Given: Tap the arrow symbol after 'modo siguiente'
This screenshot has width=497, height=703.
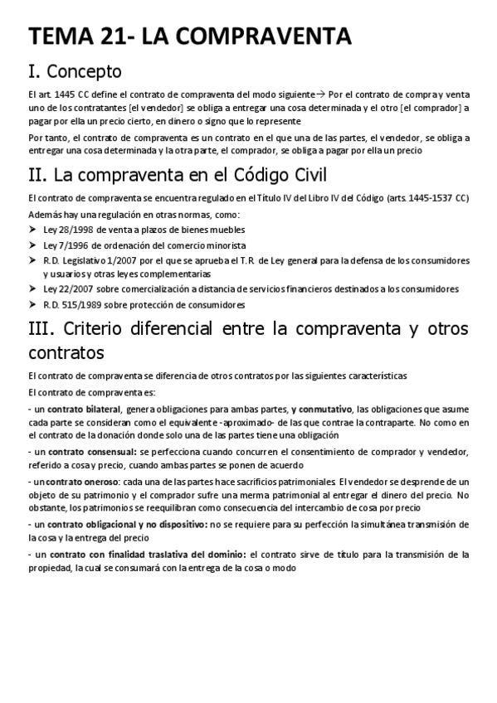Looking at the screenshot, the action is [321, 95].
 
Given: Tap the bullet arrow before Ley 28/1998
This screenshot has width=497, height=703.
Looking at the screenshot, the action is [32, 230].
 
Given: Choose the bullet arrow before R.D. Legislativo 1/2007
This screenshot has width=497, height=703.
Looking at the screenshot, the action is [32, 260].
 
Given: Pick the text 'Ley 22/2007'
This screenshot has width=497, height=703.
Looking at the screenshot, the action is [66, 288].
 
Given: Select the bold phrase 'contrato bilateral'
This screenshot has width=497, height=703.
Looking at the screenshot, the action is [84, 410].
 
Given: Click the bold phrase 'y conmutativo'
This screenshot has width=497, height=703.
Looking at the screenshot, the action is [321, 410].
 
